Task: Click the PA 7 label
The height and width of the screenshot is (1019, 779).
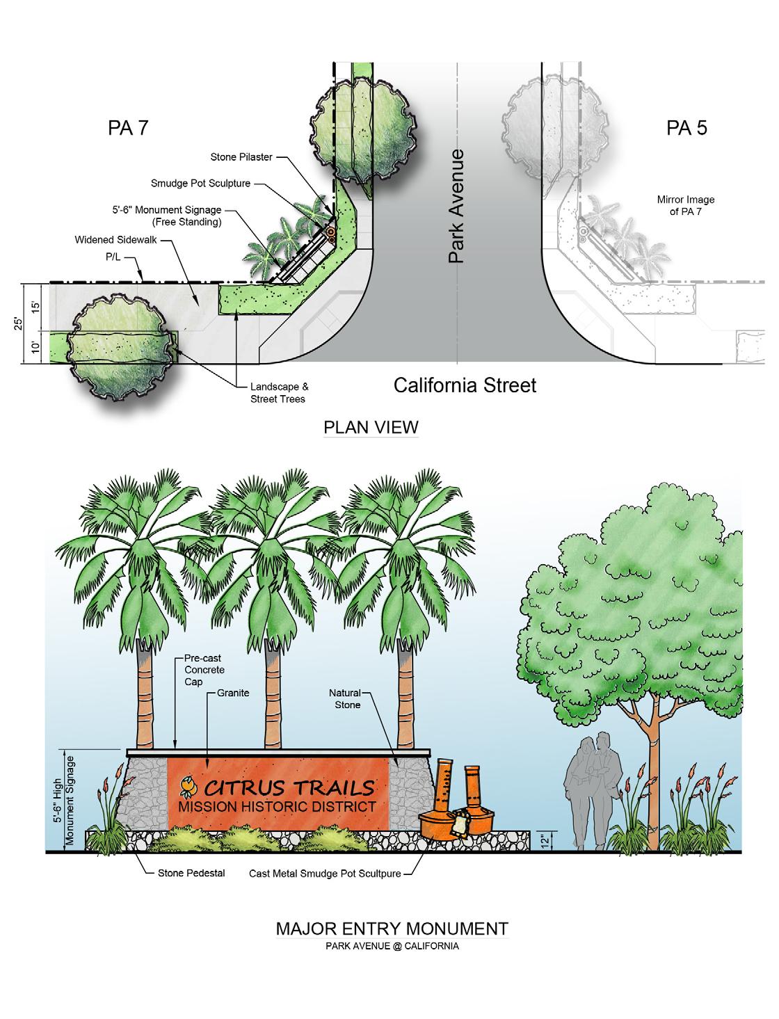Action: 128,128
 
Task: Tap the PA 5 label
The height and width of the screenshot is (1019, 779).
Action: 686,128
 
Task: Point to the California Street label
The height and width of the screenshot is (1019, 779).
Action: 465,385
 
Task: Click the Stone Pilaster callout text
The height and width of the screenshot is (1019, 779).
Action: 242,158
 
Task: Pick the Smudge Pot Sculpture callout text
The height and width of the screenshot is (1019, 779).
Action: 201,184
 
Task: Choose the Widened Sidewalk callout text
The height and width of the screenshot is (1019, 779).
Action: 116,240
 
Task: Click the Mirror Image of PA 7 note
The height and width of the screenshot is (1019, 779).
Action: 686,205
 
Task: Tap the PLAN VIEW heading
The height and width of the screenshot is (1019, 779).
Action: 371,426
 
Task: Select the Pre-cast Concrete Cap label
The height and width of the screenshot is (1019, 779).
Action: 204,669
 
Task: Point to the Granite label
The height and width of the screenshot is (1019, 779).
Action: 232,693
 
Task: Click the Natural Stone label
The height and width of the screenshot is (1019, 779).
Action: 344,699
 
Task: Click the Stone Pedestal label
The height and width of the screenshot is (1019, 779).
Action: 191,873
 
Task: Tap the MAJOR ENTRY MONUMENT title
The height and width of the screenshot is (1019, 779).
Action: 392,928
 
